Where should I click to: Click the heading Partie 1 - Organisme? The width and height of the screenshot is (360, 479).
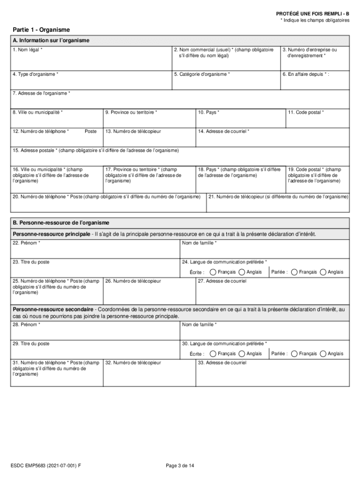tap(41, 29)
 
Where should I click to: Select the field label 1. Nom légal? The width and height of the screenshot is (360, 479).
tap(28, 49)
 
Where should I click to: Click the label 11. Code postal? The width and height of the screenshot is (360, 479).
tap(306, 112)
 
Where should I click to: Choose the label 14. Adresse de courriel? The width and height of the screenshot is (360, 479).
tap(223, 131)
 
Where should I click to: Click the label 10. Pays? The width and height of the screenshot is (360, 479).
tap(209, 112)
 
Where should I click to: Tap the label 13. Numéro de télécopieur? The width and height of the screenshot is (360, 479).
tap(133, 131)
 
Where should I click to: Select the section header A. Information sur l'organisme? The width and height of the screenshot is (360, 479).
tap(51, 40)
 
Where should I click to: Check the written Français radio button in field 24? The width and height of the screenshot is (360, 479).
tap(213, 272)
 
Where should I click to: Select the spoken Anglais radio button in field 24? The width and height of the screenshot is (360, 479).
tap(323, 272)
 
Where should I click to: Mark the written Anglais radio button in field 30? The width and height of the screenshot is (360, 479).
tap(242, 354)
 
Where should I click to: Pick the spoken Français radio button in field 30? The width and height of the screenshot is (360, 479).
tap(294, 354)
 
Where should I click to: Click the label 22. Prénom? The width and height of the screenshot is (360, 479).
tap(26, 243)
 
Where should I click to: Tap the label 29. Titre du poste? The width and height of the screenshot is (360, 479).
tap(31, 344)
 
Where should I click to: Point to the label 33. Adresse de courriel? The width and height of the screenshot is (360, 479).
tap(222, 363)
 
